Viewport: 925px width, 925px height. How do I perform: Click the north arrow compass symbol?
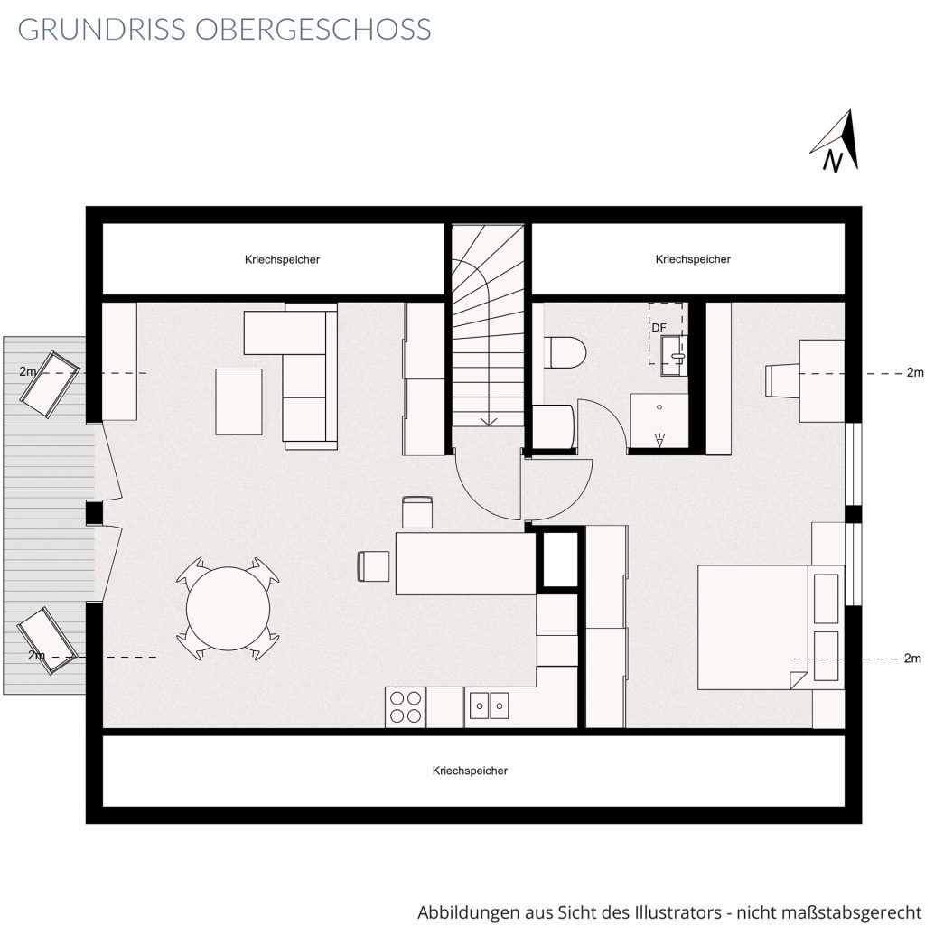click(x=837, y=142)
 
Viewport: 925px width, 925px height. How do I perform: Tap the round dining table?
click(x=228, y=608)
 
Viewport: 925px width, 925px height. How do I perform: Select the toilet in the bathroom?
click(x=565, y=352)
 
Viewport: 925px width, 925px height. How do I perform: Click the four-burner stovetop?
click(x=406, y=706)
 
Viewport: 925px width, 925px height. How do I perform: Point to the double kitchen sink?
click(x=489, y=705)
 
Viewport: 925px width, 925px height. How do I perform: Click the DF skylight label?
click(x=659, y=327)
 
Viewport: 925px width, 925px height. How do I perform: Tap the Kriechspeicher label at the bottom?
click(x=470, y=771)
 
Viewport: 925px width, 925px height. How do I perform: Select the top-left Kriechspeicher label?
click(x=282, y=259)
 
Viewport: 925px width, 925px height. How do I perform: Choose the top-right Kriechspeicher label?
click(x=693, y=259)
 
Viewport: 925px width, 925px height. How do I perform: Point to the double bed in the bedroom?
click(x=771, y=627)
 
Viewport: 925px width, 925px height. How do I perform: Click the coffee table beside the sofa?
click(x=238, y=402)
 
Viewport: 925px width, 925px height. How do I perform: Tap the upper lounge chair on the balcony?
click(x=50, y=384)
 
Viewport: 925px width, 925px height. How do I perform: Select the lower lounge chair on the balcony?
click(x=47, y=640)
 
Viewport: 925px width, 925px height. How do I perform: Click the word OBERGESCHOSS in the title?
click(x=313, y=30)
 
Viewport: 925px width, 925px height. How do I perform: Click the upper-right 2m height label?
click(x=914, y=372)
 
